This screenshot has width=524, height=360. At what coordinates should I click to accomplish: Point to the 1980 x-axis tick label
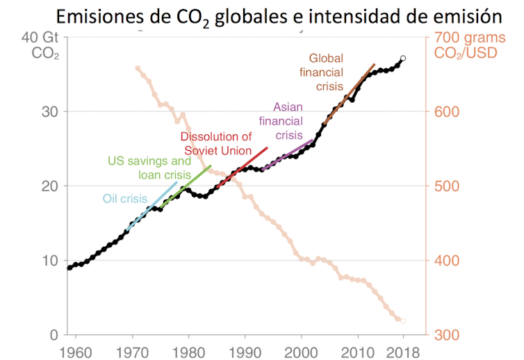point(188,350)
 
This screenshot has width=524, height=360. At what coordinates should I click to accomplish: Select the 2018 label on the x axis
point(403,350)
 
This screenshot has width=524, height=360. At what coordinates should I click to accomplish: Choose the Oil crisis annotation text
point(125,199)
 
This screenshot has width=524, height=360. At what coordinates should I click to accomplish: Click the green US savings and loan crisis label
point(149,167)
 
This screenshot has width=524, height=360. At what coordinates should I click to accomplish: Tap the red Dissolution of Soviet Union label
point(216,144)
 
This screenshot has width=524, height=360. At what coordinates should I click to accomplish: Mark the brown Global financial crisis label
point(322,72)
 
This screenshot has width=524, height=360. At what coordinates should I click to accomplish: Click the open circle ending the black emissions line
point(403,59)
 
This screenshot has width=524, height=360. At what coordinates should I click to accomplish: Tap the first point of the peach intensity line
point(138,68)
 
